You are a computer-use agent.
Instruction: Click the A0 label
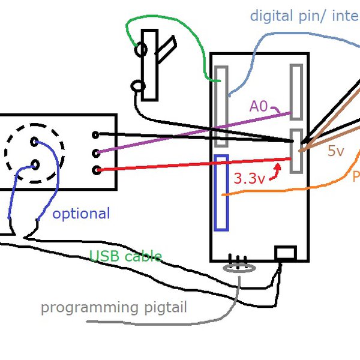(x=259, y=107)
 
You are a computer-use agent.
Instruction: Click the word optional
(x=81, y=214)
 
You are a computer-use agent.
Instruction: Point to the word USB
(x=103, y=257)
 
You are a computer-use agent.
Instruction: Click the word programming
(x=89, y=308)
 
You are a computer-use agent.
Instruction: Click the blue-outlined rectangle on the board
(x=221, y=193)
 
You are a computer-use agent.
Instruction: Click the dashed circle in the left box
(x=35, y=153)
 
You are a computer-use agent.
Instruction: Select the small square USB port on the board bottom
(x=285, y=253)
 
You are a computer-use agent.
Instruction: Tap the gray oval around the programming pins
(x=239, y=268)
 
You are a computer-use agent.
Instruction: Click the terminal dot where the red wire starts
(x=96, y=170)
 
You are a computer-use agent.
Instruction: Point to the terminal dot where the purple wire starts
(x=96, y=152)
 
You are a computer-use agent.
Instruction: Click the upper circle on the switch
(x=142, y=50)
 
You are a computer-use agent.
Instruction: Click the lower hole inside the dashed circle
(x=34, y=164)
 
